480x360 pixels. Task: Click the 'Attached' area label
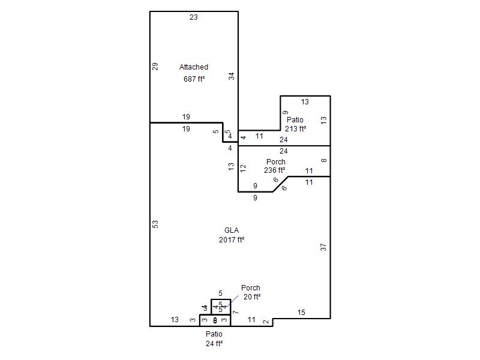click(194, 67)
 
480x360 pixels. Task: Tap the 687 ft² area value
click(194, 79)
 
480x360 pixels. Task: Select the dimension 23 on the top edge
click(194, 17)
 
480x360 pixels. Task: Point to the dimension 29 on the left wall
click(155, 67)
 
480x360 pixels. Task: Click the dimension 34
click(232, 76)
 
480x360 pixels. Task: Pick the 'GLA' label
click(232, 230)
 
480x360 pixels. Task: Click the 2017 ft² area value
click(232, 240)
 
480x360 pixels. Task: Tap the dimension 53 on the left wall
click(155, 224)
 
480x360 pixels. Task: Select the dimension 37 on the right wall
click(324, 247)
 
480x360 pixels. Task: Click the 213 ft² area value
click(296, 128)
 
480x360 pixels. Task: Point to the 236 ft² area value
click(275, 170)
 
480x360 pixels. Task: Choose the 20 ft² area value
click(252, 297)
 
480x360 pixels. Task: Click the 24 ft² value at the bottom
click(214, 344)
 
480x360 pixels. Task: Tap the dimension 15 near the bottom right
click(301, 313)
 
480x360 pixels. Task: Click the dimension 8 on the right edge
click(324, 161)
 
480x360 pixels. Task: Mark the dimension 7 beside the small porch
click(236, 313)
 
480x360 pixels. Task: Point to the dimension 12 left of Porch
click(243, 169)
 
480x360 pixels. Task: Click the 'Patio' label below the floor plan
click(214, 334)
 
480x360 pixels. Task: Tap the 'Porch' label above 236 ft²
click(275, 162)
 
